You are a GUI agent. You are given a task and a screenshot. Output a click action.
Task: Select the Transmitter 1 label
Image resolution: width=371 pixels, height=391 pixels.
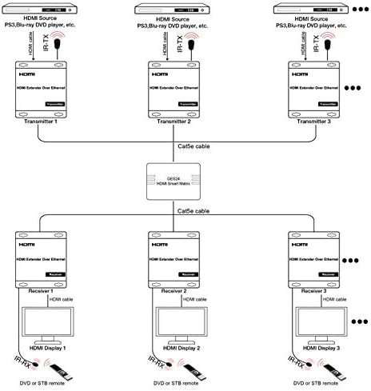[38, 121]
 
